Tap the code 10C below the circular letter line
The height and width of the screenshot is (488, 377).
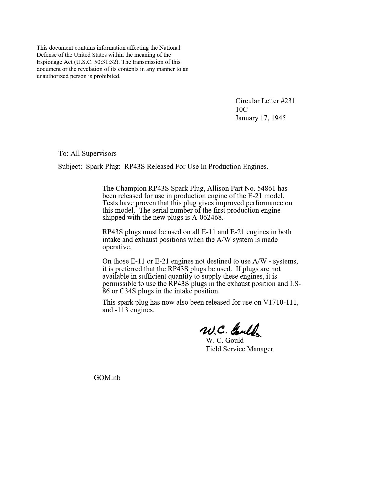point(241,109)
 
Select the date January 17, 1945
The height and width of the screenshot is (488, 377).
point(260,118)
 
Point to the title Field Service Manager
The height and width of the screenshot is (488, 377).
point(239,349)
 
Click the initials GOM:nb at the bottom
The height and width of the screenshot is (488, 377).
point(107,378)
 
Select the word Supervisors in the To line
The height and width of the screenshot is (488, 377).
point(99,153)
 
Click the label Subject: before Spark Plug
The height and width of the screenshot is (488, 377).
point(70,167)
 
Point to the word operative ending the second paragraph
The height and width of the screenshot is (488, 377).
point(117,247)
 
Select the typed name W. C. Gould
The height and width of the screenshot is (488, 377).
point(225,340)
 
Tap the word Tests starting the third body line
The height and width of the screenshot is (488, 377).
point(110,203)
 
